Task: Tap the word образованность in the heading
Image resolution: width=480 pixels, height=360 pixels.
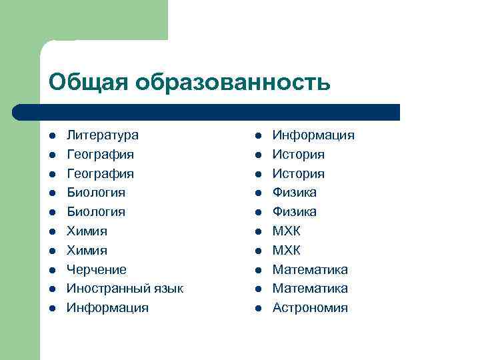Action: [233, 82]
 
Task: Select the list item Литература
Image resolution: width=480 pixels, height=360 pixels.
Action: [103, 135]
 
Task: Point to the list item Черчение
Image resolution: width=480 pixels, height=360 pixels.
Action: [97, 270]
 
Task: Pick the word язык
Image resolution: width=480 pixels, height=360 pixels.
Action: [167, 289]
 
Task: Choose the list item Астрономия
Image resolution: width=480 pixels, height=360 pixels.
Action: [310, 308]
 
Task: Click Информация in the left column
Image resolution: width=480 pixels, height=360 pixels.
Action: [107, 308]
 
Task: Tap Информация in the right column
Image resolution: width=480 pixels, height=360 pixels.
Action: [313, 135]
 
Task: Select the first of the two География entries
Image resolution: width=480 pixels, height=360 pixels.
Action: [100, 155]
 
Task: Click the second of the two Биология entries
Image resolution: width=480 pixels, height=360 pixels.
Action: [96, 212]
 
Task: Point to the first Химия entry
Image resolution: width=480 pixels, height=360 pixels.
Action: [87, 231]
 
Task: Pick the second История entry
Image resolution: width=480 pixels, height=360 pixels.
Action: [299, 174]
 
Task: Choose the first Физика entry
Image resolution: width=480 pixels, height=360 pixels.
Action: [295, 193]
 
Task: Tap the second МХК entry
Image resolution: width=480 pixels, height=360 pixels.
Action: [287, 251]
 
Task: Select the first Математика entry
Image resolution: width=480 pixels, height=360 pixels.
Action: [310, 270]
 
